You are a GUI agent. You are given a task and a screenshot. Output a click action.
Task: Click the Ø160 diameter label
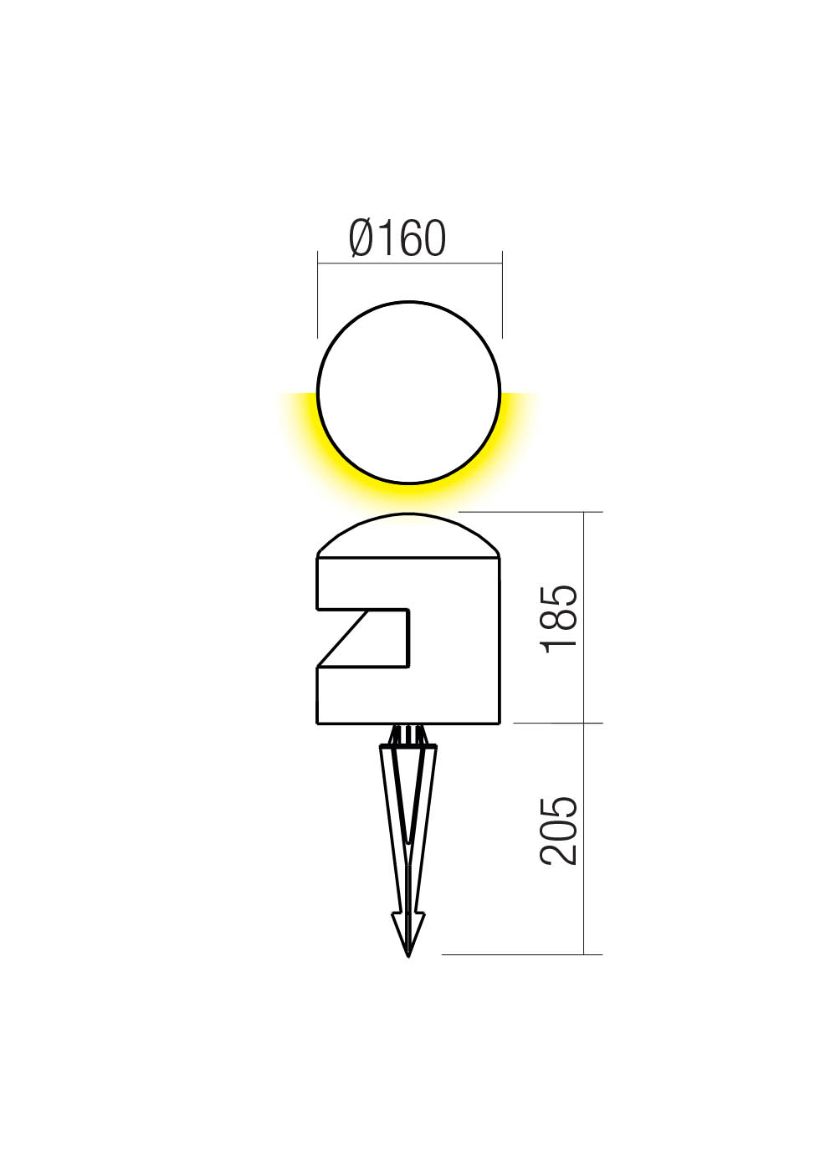[x=397, y=238]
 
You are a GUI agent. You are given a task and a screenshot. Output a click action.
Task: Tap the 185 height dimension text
[x=559, y=619]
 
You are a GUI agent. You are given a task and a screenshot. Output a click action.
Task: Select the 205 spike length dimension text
[x=559, y=831]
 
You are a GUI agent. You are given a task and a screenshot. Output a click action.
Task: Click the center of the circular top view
[x=409, y=392]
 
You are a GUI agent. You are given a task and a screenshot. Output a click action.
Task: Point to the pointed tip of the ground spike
[x=408, y=954]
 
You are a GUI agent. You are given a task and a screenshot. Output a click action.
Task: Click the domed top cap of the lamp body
[x=408, y=535]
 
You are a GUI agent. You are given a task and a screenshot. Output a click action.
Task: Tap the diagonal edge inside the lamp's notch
[x=342, y=638]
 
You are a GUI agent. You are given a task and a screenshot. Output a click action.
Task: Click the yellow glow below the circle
[x=409, y=495]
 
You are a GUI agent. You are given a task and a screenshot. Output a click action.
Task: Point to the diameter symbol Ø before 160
[x=361, y=238]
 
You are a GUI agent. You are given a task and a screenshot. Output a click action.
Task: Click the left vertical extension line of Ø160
[x=318, y=293]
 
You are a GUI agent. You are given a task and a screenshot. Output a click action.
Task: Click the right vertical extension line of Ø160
[x=502, y=293]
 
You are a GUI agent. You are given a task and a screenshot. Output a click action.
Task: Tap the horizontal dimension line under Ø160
[x=409, y=263]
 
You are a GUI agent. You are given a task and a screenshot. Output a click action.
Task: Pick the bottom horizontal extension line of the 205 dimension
[x=519, y=954]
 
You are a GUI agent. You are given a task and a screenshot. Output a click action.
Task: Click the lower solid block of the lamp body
[x=408, y=694]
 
